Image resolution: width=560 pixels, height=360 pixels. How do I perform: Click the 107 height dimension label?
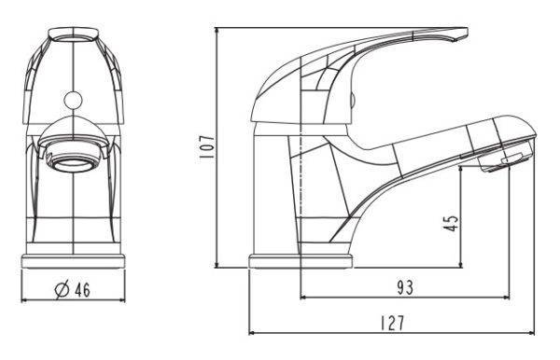click(206, 146)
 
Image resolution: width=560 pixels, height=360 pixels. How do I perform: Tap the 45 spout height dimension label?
click(451, 223)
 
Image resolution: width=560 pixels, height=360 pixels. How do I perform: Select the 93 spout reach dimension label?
click(405, 287)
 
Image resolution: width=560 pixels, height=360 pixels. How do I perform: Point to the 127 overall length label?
click(392, 324)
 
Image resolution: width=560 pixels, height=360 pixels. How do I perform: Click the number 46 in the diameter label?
click(82, 289)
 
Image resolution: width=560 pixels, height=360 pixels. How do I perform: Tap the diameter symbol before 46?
click(62, 289)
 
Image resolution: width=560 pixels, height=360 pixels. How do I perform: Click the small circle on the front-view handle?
click(73, 100)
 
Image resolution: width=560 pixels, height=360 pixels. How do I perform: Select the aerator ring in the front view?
click(73, 164)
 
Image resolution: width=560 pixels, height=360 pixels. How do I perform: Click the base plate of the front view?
click(74, 261)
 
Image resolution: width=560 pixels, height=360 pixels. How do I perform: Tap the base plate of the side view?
click(301, 261)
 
